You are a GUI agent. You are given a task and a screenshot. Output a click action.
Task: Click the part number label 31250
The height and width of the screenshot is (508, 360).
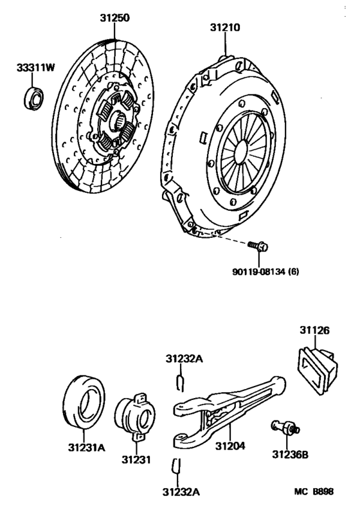coord(114,19)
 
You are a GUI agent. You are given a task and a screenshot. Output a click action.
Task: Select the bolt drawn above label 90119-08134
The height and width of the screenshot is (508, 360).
coord(261,246)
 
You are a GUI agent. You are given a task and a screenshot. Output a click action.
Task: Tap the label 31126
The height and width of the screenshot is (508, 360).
coord(314,331)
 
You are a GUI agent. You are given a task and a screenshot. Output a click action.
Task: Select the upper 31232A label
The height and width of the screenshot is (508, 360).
coord(184,359)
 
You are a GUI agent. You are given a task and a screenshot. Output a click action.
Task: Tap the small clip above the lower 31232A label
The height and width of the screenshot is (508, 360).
coord(177,466)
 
